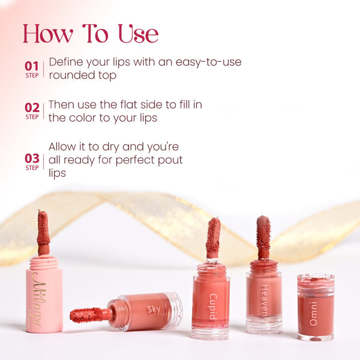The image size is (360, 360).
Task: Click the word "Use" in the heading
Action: pyautogui.click(x=138, y=34)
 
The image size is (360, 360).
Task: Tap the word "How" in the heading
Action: pyautogui.click(x=48, y=34)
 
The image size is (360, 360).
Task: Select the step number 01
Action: pyautogui.click(x=32, y=66)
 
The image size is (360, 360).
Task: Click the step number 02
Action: pyautogui.click(x=32, y=107)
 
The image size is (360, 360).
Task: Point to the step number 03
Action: pyautogui.click(x=32, y=158)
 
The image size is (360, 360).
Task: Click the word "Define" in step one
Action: pyautogui.click(x=66, y=62)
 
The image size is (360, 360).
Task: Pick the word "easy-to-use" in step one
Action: pyautogui.click(x=208, y=62)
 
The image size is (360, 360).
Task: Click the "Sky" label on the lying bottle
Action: pyautogui.click(x=154, y=309)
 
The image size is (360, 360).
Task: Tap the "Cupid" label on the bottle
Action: pyautogui.click(x=213, y=307)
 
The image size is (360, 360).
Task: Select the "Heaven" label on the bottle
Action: pyautogui.click(x=265, y=301)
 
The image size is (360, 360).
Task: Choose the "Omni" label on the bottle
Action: pyautogui.click(x=313, y=314)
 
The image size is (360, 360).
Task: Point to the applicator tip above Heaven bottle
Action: pyautogui.click(x=263, y=233)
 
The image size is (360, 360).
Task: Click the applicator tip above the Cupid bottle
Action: pyautogui.click(x=213, y=235)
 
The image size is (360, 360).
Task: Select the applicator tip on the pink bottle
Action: pyautogui.click(x=43, y=228)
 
